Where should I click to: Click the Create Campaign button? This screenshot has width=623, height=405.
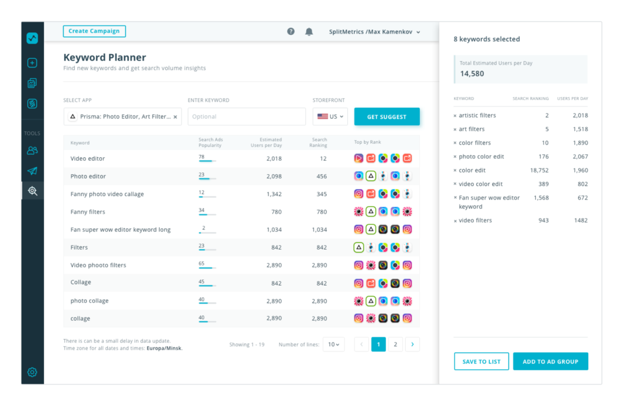[x=94, y=31]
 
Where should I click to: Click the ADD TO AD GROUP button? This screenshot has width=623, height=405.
[x=550, y=361]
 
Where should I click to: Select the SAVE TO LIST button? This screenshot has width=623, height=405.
[x=481, y=361]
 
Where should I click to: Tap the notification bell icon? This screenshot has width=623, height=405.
[x=309, y=32]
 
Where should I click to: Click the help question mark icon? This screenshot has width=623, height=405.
[x=291, y=32]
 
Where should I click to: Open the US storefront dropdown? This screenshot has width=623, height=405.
[x=330, y=117]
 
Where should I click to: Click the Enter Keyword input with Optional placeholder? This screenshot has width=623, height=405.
[x=246, y=117]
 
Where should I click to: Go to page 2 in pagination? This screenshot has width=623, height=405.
[x=395, y=344]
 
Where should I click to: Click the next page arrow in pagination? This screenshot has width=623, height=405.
[x=412, y=344]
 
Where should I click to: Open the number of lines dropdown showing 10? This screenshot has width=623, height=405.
[x=333, y=344]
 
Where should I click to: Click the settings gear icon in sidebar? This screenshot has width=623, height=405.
[x=32, y=372]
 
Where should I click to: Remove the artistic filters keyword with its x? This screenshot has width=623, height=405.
[x=455, y=116]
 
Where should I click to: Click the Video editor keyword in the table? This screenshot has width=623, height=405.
[x=88, y=158]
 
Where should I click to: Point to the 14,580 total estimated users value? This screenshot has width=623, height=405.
[x=472, y=74]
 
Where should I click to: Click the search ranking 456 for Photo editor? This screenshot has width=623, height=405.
[x=321, y=176]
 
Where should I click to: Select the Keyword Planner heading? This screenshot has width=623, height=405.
[x=105, y=57]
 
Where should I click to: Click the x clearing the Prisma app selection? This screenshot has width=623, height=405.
[x=175, y=117]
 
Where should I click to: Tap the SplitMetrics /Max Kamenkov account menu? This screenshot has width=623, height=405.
[x=375, y=32]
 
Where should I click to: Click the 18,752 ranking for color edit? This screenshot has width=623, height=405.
[x=538, y=170]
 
